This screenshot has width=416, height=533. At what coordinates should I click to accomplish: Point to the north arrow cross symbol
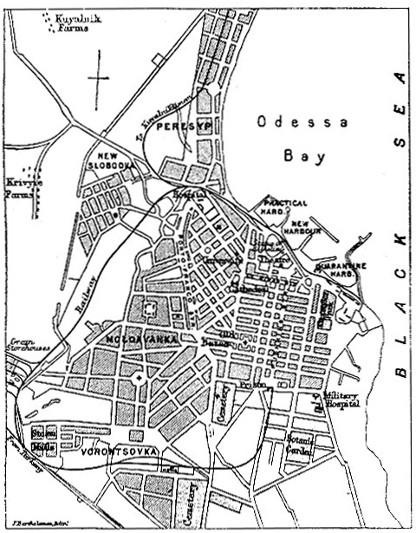tap(99, 76)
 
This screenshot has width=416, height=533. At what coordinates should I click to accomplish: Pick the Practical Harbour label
tap(283, 207)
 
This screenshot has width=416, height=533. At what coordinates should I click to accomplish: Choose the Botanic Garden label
tap(300, 445)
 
